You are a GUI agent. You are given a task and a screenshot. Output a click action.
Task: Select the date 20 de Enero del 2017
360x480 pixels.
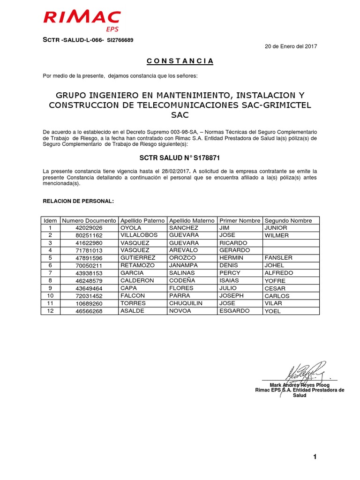pos(291,46)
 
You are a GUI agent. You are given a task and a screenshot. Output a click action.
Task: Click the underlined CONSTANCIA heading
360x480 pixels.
pos(180,61)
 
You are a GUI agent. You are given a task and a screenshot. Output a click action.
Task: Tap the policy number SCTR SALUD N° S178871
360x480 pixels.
pos(180,158)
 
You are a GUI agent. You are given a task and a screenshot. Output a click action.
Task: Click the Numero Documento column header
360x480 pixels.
pos(89,220)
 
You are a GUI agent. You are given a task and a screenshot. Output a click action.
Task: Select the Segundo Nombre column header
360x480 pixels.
pos(288,220)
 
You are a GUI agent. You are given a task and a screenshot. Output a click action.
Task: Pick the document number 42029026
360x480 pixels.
pos(89,228)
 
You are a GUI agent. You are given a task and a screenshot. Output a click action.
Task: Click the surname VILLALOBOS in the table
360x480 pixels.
pos(139,235)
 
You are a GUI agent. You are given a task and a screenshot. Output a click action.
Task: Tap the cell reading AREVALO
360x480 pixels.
pos(184,250)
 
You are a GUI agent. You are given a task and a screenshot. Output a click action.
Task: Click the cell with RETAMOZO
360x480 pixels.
pos(138,265)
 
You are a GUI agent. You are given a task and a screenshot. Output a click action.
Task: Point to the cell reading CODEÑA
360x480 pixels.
pos(182,280)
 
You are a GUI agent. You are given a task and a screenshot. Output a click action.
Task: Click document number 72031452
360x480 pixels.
pos(89,296)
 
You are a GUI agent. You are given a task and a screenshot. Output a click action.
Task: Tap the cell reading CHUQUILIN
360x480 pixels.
pos(186,303)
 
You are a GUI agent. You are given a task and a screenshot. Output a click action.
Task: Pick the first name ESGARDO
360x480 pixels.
pos(234,311)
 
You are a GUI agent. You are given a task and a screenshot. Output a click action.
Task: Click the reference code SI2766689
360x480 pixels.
pos(120,40)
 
